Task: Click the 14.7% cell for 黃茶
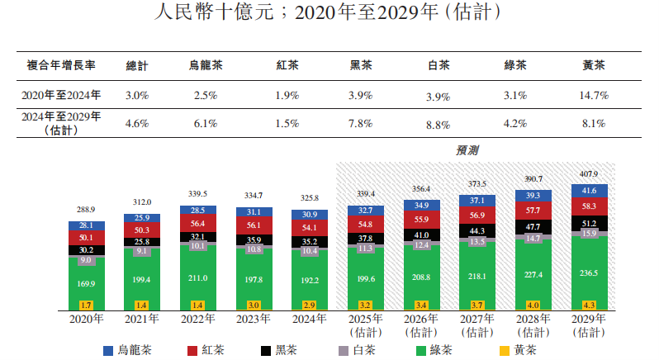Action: tap(594, 96)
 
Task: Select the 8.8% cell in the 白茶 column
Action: tap(438, 124)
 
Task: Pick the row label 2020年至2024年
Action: tap(61, 96)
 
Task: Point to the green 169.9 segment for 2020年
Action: tap(87, 284)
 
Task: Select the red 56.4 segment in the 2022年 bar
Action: tap(198, 223)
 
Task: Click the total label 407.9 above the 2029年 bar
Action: tap(589, 174)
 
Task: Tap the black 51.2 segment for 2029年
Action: tap(589, 224)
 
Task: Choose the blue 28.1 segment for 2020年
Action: tap(87, 225)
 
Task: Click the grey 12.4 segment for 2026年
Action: tap(422, 245)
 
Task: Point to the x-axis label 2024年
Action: tap(310, 319)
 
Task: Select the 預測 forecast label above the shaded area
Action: tap(468, 151)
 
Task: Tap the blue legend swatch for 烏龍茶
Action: tap(108, 351)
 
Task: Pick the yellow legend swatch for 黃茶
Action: tap(501, 351)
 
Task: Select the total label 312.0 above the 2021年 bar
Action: tap(142, 202)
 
